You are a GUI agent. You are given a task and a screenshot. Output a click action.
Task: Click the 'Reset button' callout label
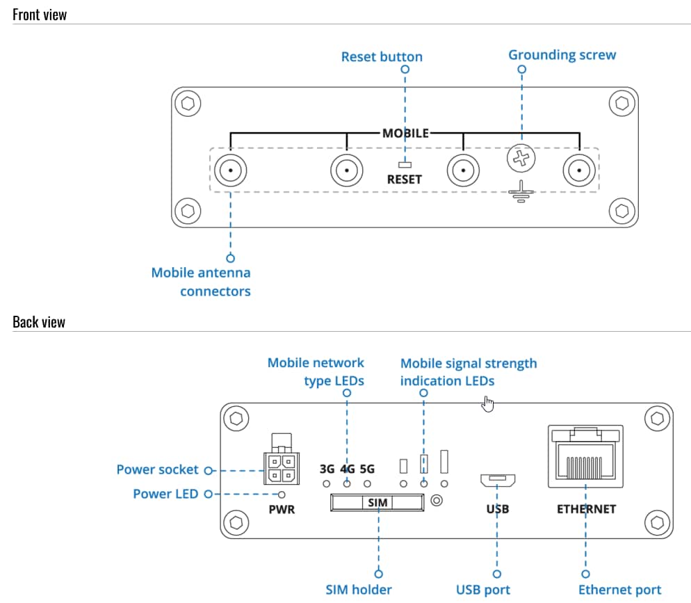382,56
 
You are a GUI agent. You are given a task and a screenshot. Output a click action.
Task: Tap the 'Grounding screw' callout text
562,54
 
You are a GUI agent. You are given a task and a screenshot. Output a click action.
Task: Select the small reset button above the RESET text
405,166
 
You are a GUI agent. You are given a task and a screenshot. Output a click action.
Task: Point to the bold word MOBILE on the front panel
405,133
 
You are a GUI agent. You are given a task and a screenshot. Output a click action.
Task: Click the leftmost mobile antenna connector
229,170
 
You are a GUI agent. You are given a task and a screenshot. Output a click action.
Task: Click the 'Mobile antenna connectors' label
201,282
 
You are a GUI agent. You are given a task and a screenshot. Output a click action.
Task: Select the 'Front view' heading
40,15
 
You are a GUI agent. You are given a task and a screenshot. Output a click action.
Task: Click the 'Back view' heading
39,321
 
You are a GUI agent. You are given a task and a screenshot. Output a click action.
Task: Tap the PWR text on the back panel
282,509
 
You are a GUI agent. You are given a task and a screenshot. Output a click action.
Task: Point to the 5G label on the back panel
367,469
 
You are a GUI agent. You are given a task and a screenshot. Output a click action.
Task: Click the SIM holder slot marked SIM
377,501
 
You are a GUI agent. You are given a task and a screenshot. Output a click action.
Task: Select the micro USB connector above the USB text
497,479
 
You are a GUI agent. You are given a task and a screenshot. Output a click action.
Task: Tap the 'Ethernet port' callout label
619,590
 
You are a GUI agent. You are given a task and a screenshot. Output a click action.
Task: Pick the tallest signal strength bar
444,461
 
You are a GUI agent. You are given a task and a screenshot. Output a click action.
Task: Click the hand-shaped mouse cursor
488,403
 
